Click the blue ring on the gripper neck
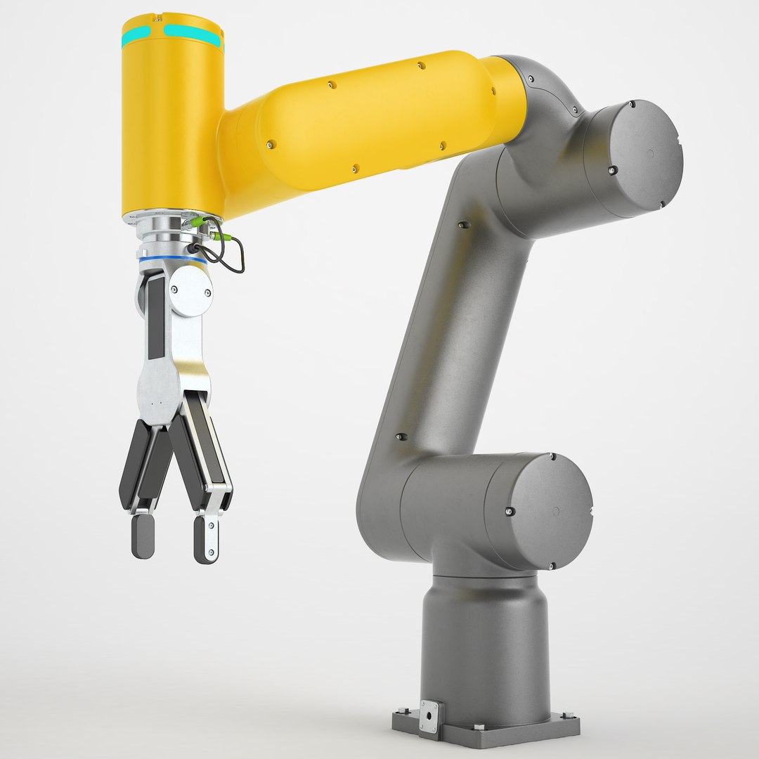point(172,260)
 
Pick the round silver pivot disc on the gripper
point(190,291)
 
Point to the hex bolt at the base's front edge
point(479,725)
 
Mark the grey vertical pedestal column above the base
point(485,632)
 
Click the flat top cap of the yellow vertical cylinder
point(172,21)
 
